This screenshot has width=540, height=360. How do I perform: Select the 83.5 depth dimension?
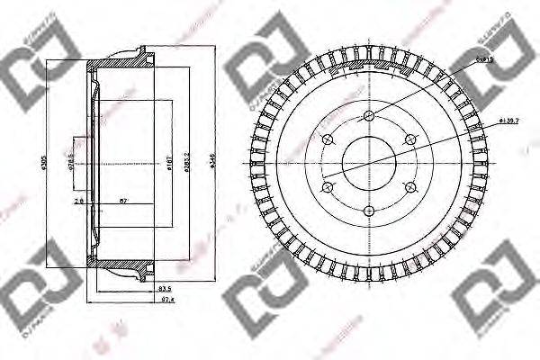[164, 288]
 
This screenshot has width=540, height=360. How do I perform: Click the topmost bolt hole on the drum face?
[369, 114]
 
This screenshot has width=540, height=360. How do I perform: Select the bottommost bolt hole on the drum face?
[369, 211]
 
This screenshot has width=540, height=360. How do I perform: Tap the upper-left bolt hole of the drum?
[328, 139]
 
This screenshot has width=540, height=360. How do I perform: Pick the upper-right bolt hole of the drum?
[410, 139]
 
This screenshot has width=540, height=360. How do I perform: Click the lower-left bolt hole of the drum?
[328, 187]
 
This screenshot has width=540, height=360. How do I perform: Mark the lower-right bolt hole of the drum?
[410, 187]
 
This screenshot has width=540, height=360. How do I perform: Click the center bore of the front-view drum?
[369, 163]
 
